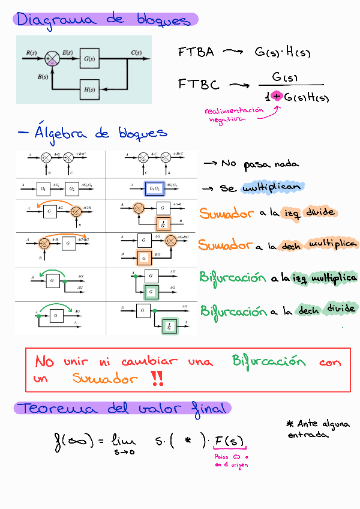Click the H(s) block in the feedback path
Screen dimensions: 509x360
(89, 90)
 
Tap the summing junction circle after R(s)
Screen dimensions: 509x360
(53, 58)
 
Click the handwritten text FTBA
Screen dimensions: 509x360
(196, 52)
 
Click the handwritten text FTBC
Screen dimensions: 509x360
(199, 85)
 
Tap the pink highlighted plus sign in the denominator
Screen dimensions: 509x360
(277, 96)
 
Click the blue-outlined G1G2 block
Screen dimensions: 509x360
(154, 188)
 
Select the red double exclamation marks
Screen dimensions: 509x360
(157, 378)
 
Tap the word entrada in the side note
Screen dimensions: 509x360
(308, 435)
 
